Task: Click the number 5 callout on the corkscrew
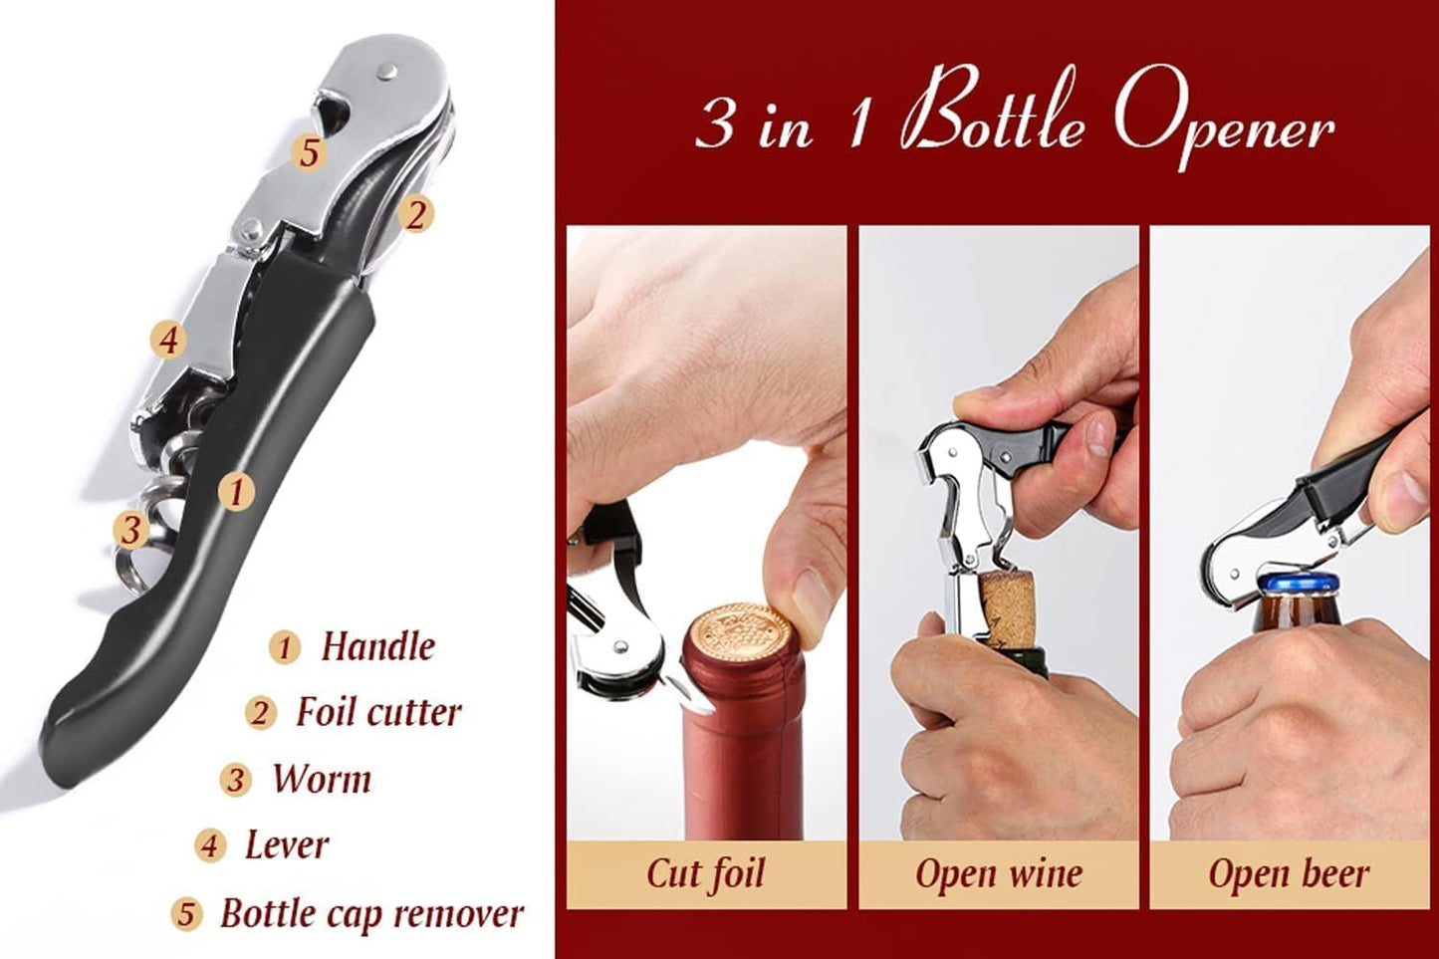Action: tap(310, 152)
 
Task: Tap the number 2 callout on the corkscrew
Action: tap(416, 214)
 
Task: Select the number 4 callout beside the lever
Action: tap(168, 341)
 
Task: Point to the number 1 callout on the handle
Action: tap(236, 491)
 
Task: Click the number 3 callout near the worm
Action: tap(130, 529)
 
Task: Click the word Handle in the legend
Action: tap(377, 646)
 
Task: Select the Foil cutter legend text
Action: tap(378, 712)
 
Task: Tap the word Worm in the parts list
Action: tap(321, 779)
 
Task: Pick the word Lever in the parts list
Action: tap(287, 844)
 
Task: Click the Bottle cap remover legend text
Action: tap(371, 913)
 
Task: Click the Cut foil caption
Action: tap(705, 873)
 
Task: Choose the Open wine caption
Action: tap(998, 873)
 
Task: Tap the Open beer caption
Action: tap(1289, 873)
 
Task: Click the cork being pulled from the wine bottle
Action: tap(1007, 604)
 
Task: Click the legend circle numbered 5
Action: tap(186, 914)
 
